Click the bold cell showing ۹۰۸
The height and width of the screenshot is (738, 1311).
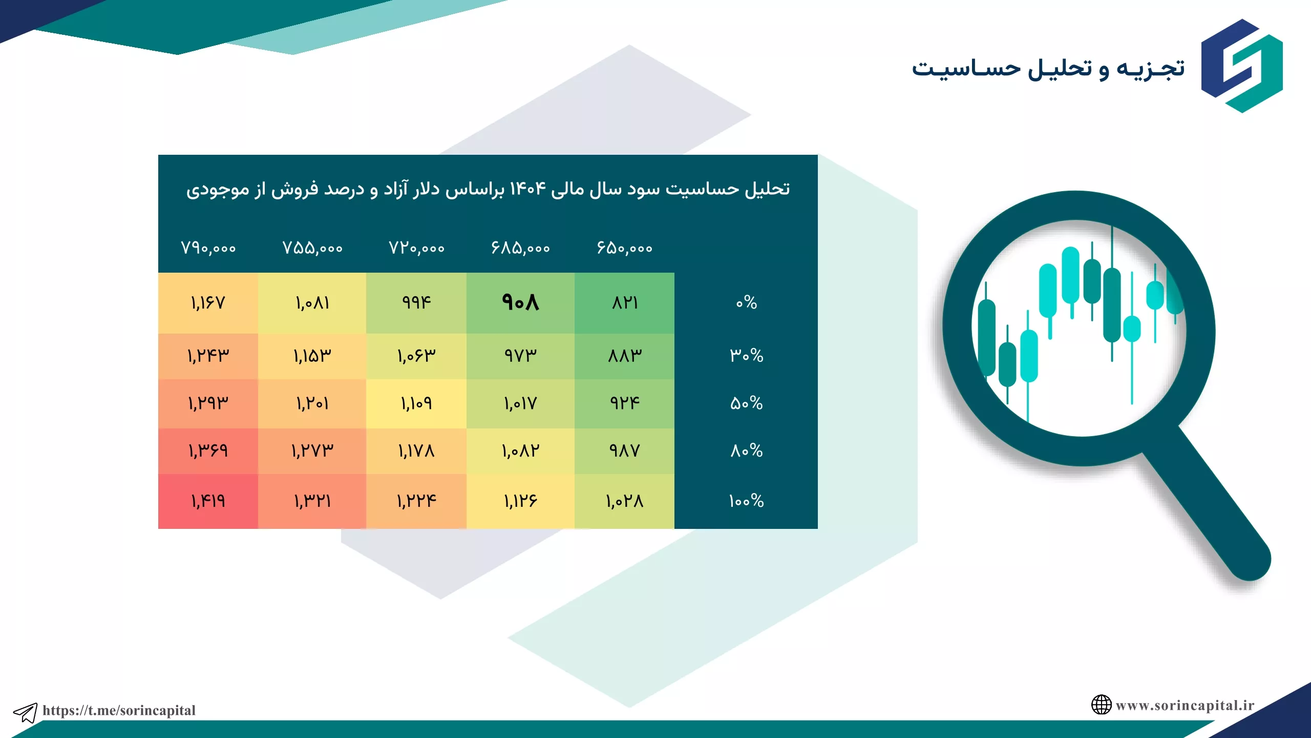pos(520,302)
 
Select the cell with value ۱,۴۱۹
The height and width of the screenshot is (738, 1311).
pos(208,501)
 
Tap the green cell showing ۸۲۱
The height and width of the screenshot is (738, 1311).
pos(625,302)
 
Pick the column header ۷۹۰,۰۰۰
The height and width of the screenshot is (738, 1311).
pos(208,249)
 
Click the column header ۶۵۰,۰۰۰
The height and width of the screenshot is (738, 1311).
pos(625,249)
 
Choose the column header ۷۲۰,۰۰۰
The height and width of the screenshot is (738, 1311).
pos(416,249)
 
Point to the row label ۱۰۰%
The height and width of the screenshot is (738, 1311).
pos(746,501)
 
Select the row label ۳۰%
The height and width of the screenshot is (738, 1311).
pos(746,355)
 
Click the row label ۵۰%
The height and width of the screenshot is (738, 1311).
pos(746,403)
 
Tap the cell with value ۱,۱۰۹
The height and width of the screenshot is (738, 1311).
pos(416,403)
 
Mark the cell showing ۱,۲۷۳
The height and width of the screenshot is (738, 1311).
pos(312,451)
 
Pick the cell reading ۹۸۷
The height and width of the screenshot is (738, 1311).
pos(625,451)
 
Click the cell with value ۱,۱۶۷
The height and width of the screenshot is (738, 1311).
pos(208,302)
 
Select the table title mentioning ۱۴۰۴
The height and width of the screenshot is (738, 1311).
pos(488,189)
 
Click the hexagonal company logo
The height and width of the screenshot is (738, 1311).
pos(1242,66)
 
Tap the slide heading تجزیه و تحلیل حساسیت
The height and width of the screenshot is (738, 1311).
pos(1048,69)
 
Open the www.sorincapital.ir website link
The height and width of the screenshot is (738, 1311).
pos(1185,705)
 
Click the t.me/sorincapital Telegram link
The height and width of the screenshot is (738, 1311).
pos(119,710)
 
